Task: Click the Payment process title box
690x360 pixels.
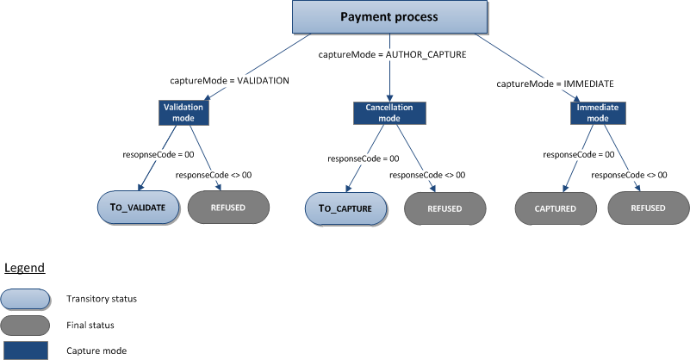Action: pyautogui.click(x=389, y=17)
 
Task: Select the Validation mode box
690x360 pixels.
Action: pyautogui.click(x=183, y=112)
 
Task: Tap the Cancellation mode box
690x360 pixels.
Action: pyautogui.click(x=389, y=113)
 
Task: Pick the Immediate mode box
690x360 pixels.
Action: pyautogui.click(x=598, y=113)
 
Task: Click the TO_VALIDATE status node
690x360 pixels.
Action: pyautogui.click(x=138, y=208)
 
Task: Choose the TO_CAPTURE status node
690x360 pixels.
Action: pyautogui.click(x=345, y=208)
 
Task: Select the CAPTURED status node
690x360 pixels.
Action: pyautogui.click(x=556, y=208)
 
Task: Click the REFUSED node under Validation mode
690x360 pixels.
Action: pyautogui.click(x=228, y=208)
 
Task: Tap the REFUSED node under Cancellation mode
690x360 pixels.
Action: pyautogui.click(x=445, y=208)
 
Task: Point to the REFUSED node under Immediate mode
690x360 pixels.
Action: pyautogui.click(x=648, y=208)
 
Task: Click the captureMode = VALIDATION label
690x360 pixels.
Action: pyautogui.click(x=228, y=80)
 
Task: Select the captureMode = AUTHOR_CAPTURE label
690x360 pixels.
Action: pyautogui.click(x=392, y=54)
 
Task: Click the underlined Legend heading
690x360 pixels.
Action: pyautogui.click(x=24, y=269)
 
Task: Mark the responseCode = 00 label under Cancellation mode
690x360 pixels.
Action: pyautogui.click(x=364, y=158)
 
